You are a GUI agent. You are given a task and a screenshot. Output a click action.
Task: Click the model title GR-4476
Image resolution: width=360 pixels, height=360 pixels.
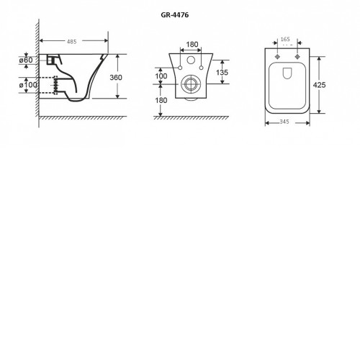point(175,15)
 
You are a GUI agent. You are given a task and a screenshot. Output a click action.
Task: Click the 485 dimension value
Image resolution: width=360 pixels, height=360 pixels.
point(71,42)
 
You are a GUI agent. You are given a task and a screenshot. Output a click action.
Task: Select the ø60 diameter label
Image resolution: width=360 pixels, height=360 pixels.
point(26,60)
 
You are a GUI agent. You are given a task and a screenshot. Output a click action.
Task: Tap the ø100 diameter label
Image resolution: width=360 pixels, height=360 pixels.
point(28,85)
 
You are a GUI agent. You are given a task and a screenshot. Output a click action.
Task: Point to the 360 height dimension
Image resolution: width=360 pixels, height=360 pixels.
point(116,78)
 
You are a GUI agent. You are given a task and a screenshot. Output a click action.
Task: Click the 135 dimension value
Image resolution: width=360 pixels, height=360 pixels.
point(222,72)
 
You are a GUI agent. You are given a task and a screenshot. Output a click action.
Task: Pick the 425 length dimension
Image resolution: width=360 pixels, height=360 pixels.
point(320,85)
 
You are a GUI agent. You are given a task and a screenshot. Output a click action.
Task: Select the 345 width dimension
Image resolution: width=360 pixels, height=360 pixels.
point(284,122)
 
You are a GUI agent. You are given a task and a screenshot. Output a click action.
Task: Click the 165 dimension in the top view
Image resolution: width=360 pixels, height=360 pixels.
point(285,40)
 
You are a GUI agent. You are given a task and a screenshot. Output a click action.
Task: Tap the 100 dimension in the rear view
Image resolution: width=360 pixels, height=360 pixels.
point(161,76)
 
